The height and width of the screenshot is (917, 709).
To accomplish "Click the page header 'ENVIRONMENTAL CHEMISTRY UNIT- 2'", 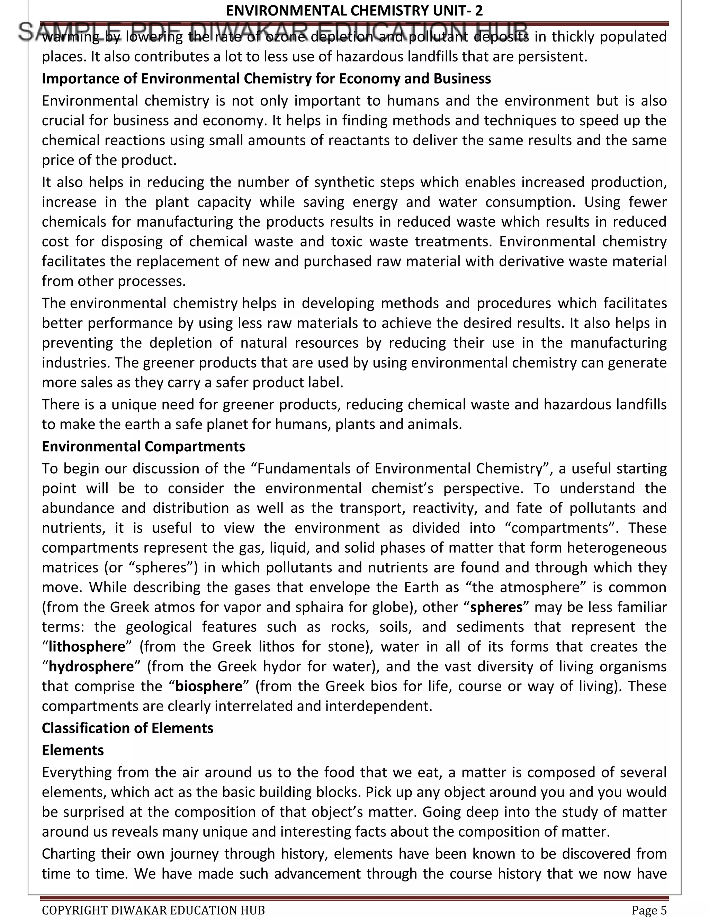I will tap(354, 10).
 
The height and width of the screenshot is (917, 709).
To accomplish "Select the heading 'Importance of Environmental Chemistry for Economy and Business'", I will tap(266, 79).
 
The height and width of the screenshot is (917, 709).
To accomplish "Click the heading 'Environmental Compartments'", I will tap(143, 446).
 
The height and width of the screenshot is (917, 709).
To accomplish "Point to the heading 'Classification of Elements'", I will tap(127, 728).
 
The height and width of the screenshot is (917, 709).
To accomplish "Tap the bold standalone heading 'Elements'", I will tap(73, 750).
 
